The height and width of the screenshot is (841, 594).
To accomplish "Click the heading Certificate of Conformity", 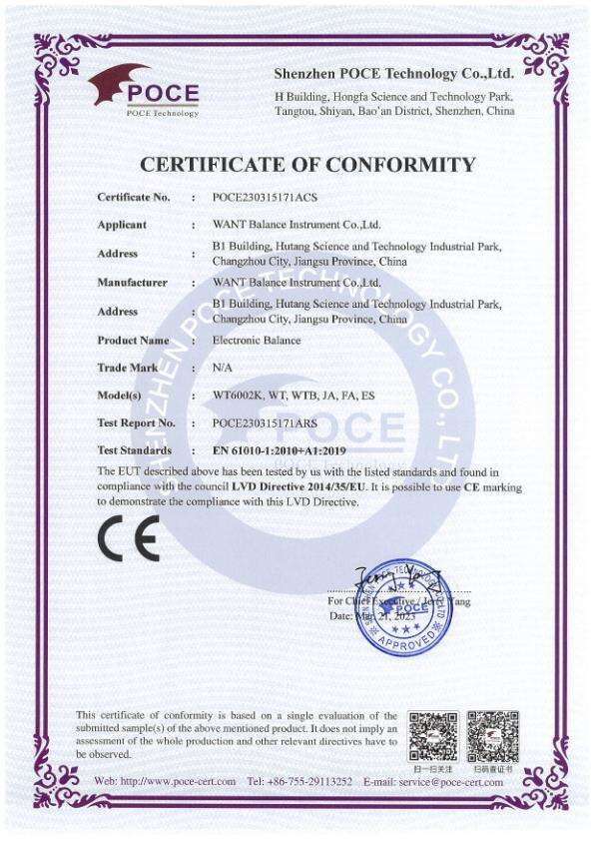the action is tap(307, 165).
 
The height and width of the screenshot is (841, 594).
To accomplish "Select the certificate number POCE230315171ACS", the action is tap(265, 198).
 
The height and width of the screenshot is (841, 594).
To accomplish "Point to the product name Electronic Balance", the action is tap(257, 341).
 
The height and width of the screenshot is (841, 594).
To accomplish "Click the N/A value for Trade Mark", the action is tap(223, 369).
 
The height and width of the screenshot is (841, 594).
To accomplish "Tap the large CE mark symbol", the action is tap(128, 539).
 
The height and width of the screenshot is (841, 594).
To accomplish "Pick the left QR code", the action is tap(433, 735).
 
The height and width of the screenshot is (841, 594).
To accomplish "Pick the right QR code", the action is tap(493, 735).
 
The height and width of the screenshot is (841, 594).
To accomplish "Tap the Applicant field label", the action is tap(122, 226).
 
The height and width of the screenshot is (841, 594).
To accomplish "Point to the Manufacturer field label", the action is tap(132, 283).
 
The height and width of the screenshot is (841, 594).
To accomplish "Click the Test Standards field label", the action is tap(135, 451).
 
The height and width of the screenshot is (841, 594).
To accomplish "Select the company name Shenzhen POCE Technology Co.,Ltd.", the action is tap(394, 74).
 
